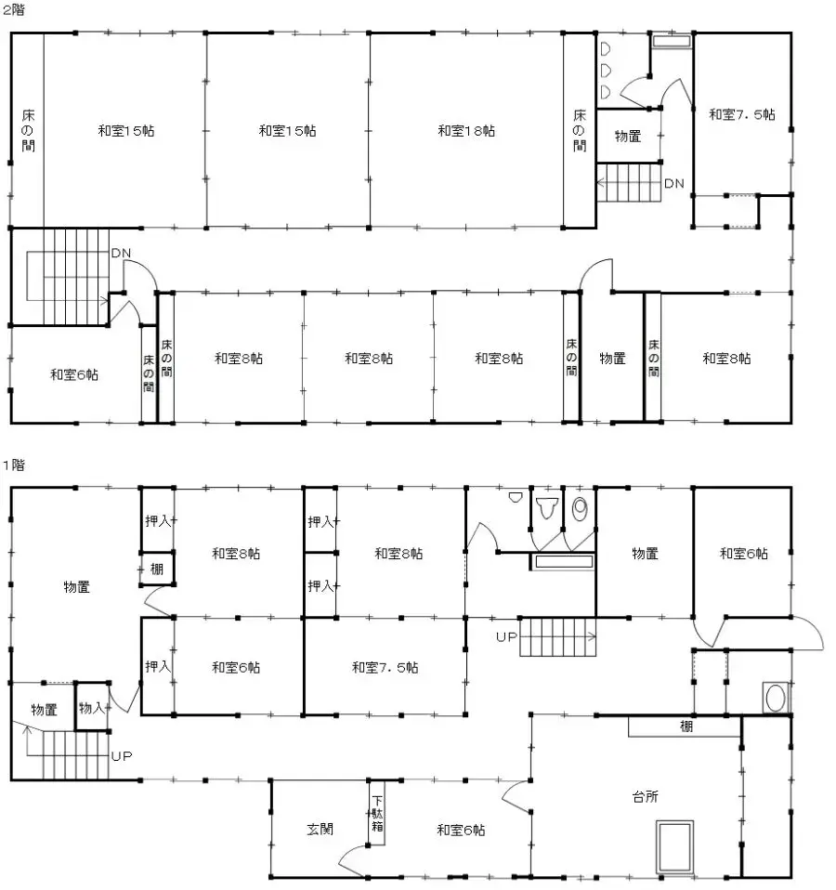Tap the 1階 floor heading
[12, 464]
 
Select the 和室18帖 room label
[466, 131]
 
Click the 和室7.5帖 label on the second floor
[742, 114]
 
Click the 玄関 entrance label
[320, 829]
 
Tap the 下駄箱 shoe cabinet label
[377, 815]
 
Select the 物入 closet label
[91, 708]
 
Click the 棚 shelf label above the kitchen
[686, 726]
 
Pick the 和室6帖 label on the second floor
[74, 375]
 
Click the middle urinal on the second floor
[605, 70]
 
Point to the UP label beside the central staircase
[506, 638]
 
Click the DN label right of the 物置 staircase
[673, 183]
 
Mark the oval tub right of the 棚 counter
[774, 698]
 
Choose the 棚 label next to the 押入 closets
[156, 569]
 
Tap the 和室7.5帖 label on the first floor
[385, 667]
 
